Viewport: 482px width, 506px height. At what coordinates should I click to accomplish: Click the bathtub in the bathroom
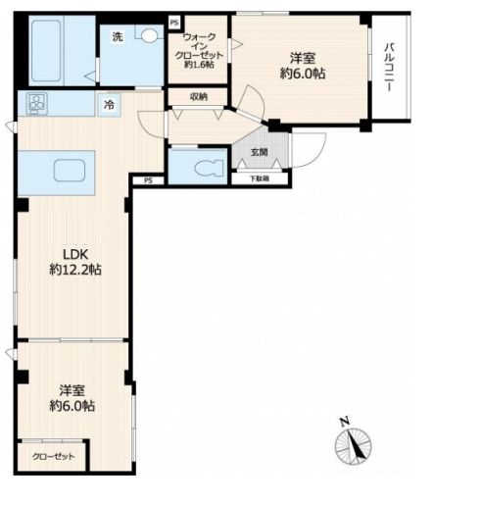(x=46, y=51)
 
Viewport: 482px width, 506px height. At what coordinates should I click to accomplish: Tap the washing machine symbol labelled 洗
(x=118, y=36)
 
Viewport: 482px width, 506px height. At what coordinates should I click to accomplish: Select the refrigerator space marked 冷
(x=109, y=105)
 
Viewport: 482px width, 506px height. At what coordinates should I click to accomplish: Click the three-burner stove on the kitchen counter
(x=37, y=103)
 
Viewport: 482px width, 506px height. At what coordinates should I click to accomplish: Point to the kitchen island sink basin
(x=70, y=171)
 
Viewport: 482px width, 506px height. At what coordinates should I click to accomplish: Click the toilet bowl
(x=209, y=169)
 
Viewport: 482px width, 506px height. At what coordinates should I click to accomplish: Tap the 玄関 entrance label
(x=260, y=152)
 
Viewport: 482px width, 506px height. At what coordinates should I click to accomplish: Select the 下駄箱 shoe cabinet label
(x=260, y=178)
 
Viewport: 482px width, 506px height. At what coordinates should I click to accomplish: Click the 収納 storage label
(x=199, y=97)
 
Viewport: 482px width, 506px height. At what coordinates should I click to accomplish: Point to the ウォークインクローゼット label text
(x=199, y=51)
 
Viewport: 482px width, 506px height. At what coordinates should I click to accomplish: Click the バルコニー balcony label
(x=389, y=67)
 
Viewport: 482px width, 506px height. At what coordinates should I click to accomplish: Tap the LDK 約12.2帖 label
(x=75, y=262)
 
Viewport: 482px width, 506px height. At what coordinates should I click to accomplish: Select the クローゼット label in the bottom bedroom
(x=53, y=456)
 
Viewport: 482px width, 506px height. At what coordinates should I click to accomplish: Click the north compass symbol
(x=353, y=443)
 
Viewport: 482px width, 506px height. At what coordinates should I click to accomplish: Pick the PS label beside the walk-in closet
(x=174, y=24)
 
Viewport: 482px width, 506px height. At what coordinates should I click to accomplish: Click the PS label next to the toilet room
(x=149, y=180)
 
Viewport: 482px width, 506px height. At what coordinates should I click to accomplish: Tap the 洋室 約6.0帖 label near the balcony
(x=303, y=66)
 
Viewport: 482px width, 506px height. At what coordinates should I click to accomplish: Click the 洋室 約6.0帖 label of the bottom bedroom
(x=72, y=398)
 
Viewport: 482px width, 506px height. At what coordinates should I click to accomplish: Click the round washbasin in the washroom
(x=149, y=35)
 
